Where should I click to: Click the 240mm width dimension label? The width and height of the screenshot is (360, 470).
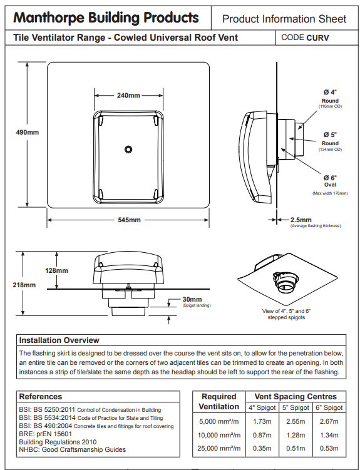(128, 96)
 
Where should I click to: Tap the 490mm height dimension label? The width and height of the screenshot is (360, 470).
(28, 132)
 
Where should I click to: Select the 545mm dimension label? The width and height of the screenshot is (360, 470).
(129, 220)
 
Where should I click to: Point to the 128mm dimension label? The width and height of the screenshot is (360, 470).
(56, 270)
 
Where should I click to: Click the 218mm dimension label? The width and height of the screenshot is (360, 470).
(24, 285)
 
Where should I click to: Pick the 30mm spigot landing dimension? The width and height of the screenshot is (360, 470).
(192, 299)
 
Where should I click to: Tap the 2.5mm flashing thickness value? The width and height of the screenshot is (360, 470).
(301, 220)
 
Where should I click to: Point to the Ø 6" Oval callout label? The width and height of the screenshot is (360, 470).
(330, 181)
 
